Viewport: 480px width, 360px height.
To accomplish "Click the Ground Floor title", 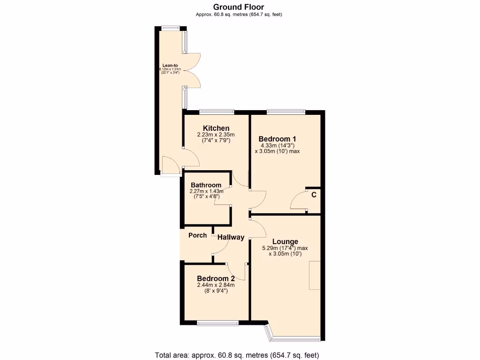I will pos(239,7).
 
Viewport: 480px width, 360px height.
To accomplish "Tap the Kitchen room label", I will pos(216,128).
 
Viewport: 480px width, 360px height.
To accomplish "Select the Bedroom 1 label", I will pos(277,139).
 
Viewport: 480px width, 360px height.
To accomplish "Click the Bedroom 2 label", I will pos(216,278).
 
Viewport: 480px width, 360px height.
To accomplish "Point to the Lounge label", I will pos(285,241).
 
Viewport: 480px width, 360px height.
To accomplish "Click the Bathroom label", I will pos(206,185).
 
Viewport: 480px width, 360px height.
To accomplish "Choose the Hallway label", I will pos(231,237).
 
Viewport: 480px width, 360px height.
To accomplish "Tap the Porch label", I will pos(197,235).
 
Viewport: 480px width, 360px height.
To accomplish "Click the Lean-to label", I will pos(170,65).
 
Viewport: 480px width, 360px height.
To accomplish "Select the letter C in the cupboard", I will pos(314,195).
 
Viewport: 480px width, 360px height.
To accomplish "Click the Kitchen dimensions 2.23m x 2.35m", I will pos(216,135).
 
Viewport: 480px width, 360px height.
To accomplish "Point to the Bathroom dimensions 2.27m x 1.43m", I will pos(206,191).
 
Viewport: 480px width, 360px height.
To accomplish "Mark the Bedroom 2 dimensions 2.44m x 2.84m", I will pos(216,285).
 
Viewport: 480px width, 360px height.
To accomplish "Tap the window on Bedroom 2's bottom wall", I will pos(217,322).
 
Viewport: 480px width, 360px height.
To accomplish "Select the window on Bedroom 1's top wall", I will pos(286,112).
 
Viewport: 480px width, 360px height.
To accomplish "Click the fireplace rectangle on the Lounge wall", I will pos(315,276).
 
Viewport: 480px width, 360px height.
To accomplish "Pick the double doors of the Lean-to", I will pos(193,70).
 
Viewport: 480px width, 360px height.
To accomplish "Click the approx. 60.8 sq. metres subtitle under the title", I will pos(239,15).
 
